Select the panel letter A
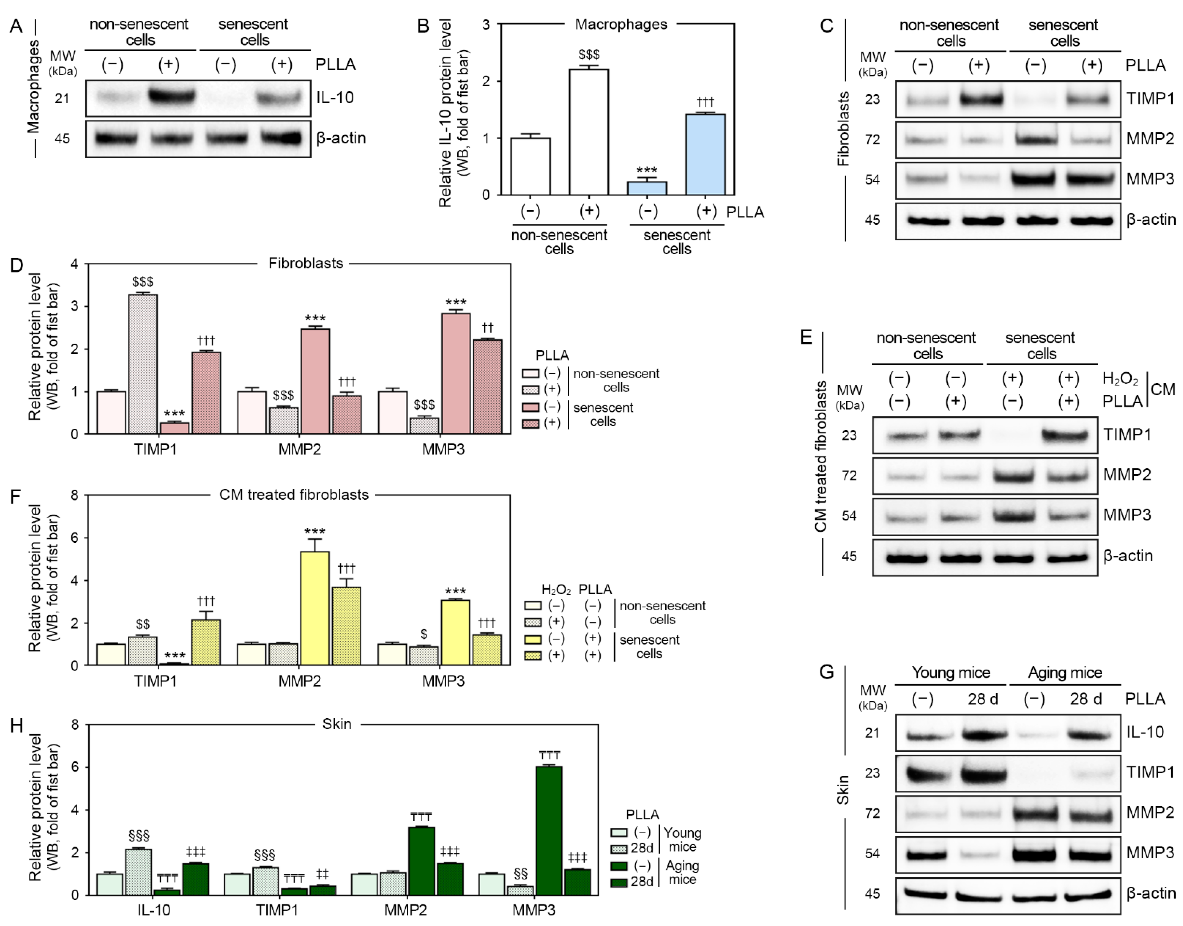[16, 25]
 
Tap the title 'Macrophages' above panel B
[621, 24]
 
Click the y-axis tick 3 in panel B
[486, 24]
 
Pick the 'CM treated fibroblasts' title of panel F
[294, 495]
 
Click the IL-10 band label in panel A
[335, 98]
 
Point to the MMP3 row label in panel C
[1150, 179]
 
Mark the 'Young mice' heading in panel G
[950, 673]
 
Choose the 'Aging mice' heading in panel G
[1065, 673]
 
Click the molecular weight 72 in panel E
[849, 475]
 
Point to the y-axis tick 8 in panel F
[74, 495]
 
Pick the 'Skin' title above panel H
[336, 724]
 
